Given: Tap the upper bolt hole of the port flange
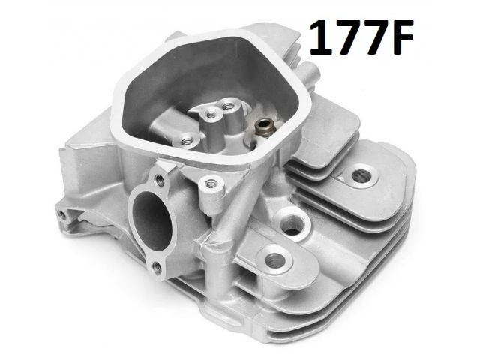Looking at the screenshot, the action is tap(160, 180).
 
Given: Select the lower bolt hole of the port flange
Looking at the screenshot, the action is tap(157, 268).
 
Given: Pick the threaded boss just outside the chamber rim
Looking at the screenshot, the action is tap(210, 184).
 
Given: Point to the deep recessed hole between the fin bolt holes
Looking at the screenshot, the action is tap(292, 223).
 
